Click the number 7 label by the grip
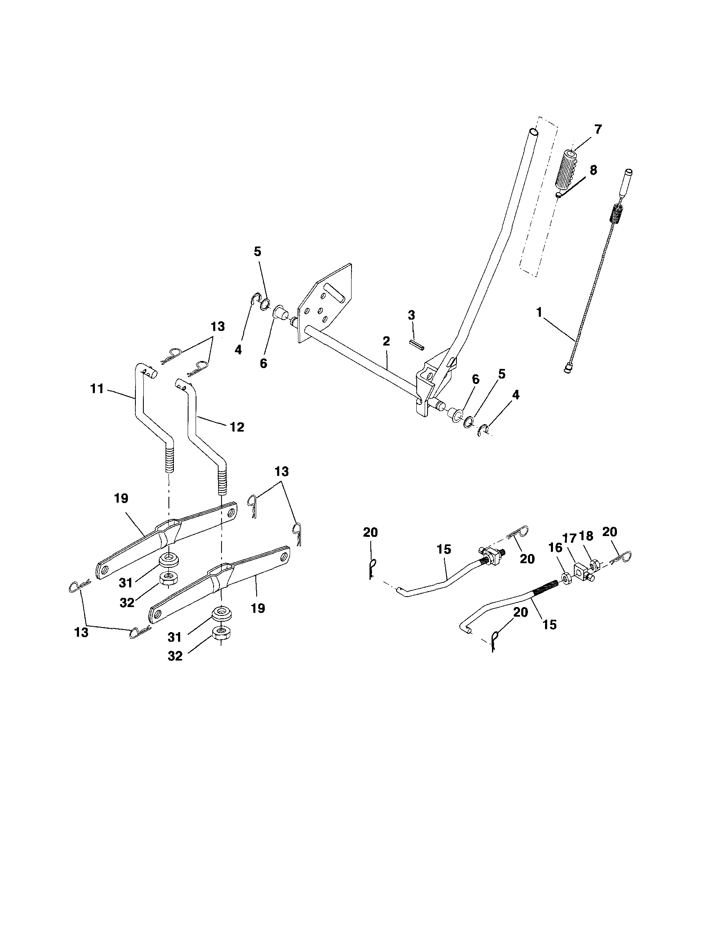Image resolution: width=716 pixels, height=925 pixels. tap(598, 130)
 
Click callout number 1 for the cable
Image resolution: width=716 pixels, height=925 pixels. tap(539, 313)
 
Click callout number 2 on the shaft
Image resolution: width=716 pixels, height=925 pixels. tap(386, 341)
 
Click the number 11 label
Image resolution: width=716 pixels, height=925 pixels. tap(97, 389)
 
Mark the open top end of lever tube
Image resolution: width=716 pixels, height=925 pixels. tap(534, 132)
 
